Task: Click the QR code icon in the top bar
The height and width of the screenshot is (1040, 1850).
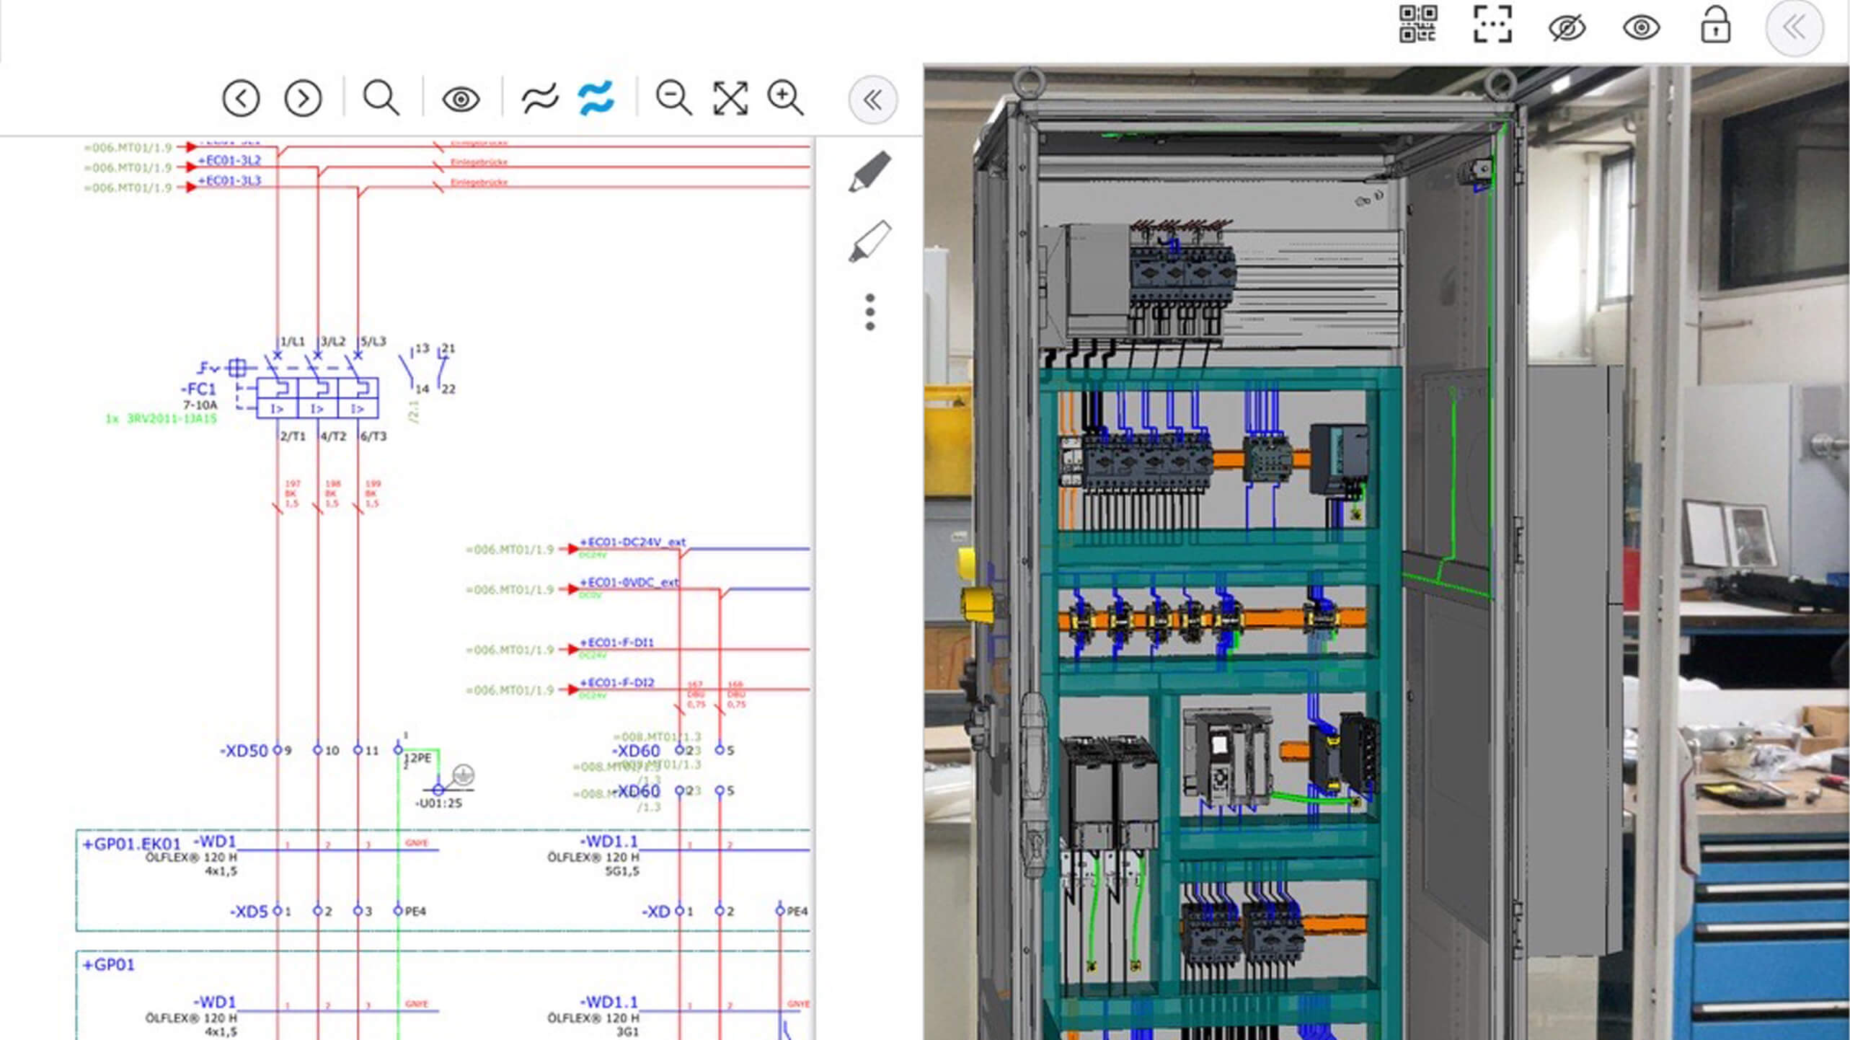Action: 1417,25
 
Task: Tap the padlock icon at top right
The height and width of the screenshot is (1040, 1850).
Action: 1715,27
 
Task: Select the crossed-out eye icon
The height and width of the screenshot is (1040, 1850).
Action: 1567,28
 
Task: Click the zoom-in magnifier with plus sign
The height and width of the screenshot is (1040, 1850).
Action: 785,98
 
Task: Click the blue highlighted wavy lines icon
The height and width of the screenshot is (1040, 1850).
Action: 596,98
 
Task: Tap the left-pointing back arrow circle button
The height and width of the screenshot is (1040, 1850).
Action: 241,98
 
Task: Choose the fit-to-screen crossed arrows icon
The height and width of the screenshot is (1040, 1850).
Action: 730,98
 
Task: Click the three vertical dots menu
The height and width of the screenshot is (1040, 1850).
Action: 870,312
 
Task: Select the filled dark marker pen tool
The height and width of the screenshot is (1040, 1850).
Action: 870,172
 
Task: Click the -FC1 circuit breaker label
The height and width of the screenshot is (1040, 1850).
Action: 198,389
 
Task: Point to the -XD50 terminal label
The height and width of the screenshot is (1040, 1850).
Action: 244,751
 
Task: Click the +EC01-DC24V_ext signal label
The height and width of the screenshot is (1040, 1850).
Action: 632,542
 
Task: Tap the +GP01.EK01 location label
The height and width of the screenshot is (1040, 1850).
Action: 132,844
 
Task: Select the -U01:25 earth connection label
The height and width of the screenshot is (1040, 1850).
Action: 438,803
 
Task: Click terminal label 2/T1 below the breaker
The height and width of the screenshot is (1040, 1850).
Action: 293,436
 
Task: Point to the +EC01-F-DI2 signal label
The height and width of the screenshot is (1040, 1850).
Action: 617,682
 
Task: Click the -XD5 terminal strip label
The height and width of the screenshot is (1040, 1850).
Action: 249,912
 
